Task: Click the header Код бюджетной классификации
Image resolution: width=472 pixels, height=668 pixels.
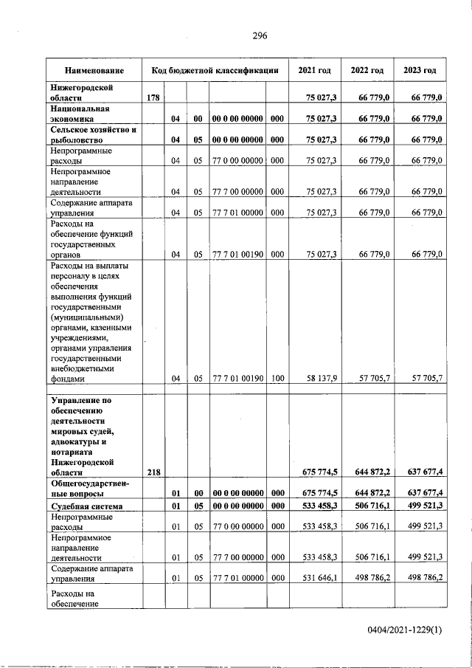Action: [215, 71]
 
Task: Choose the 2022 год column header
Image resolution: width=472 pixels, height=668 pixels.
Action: [367, 71]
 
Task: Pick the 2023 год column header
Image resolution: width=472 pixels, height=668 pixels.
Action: [420, 71]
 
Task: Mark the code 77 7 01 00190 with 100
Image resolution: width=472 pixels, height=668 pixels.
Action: [237, 379]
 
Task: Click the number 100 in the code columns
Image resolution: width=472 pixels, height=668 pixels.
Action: [277, 379]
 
